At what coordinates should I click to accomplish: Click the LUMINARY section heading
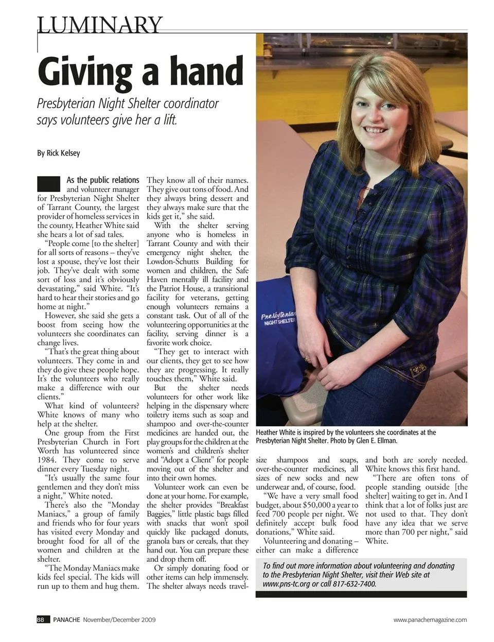[100, 24]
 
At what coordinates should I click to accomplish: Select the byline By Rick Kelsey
[59, 153]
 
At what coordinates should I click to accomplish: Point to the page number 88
[41, 620]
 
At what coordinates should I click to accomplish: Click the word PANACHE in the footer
[67, 620]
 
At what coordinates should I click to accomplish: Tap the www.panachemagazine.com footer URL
[430, 620]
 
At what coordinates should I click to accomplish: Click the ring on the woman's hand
[308, 359]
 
